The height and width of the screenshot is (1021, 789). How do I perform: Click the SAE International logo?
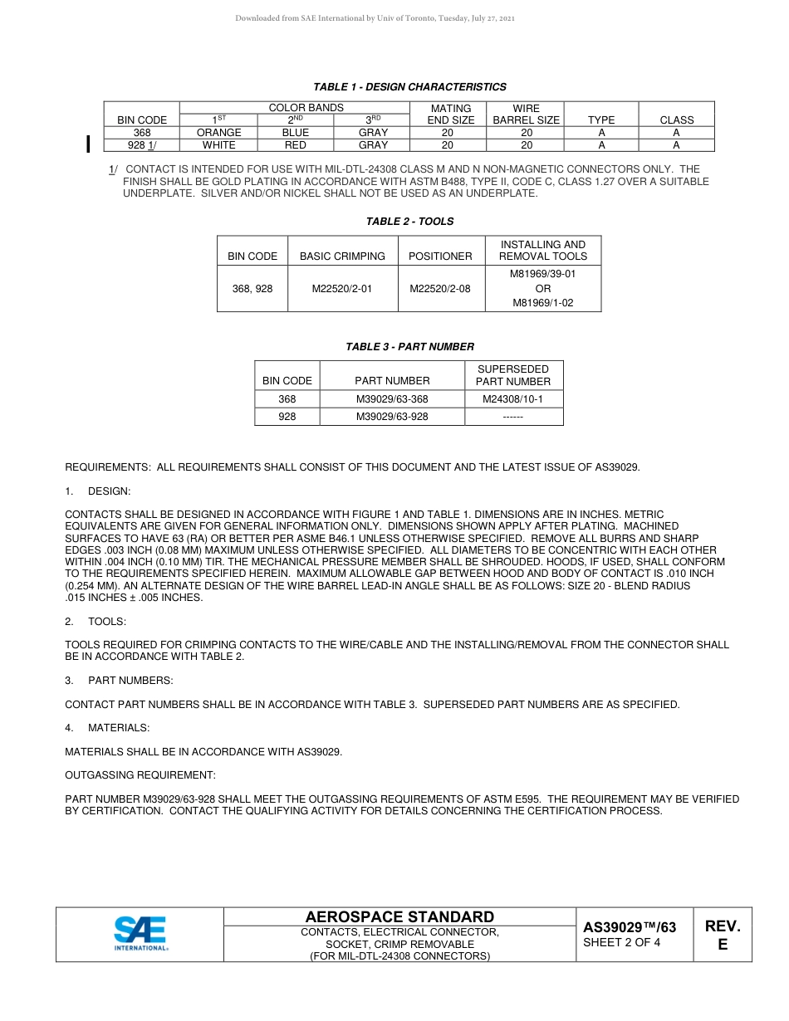[x=140, y=934]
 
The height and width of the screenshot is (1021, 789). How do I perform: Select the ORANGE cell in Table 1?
[x=219, y=133]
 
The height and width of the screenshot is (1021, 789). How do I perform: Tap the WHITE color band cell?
[x=219, y=145]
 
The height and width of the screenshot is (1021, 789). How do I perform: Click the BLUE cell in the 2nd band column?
[x=295, y=133]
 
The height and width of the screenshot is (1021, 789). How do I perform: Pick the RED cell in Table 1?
[x=295, y=145]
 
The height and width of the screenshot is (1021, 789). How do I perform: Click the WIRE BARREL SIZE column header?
[x=526, y=115]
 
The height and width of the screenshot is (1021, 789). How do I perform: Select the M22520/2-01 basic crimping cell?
[x=342, y=289]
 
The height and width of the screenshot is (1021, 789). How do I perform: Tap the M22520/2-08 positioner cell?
[x=440, y=289]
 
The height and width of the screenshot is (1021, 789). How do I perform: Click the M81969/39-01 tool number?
[x=542, y=273]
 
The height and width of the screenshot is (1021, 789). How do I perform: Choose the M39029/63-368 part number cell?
[x=392, y=399]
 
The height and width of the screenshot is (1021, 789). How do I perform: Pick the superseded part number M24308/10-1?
[x=512, y=399]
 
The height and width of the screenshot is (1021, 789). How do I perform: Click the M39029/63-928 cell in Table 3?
[x=392, y=417]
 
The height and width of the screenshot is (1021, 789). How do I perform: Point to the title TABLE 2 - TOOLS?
[x=409, y=222]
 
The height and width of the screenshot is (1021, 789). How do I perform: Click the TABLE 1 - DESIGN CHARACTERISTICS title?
[x=409, y=87]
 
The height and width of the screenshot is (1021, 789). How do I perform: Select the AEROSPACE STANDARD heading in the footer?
[x=399, y=917]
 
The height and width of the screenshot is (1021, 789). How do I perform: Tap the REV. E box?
[x=722, y=936]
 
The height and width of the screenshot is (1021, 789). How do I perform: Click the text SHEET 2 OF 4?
[x=621, y=943]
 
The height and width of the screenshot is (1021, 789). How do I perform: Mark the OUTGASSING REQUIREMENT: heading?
[x=140, y=775]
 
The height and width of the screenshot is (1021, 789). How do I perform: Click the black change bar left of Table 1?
[x=88, y=145]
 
